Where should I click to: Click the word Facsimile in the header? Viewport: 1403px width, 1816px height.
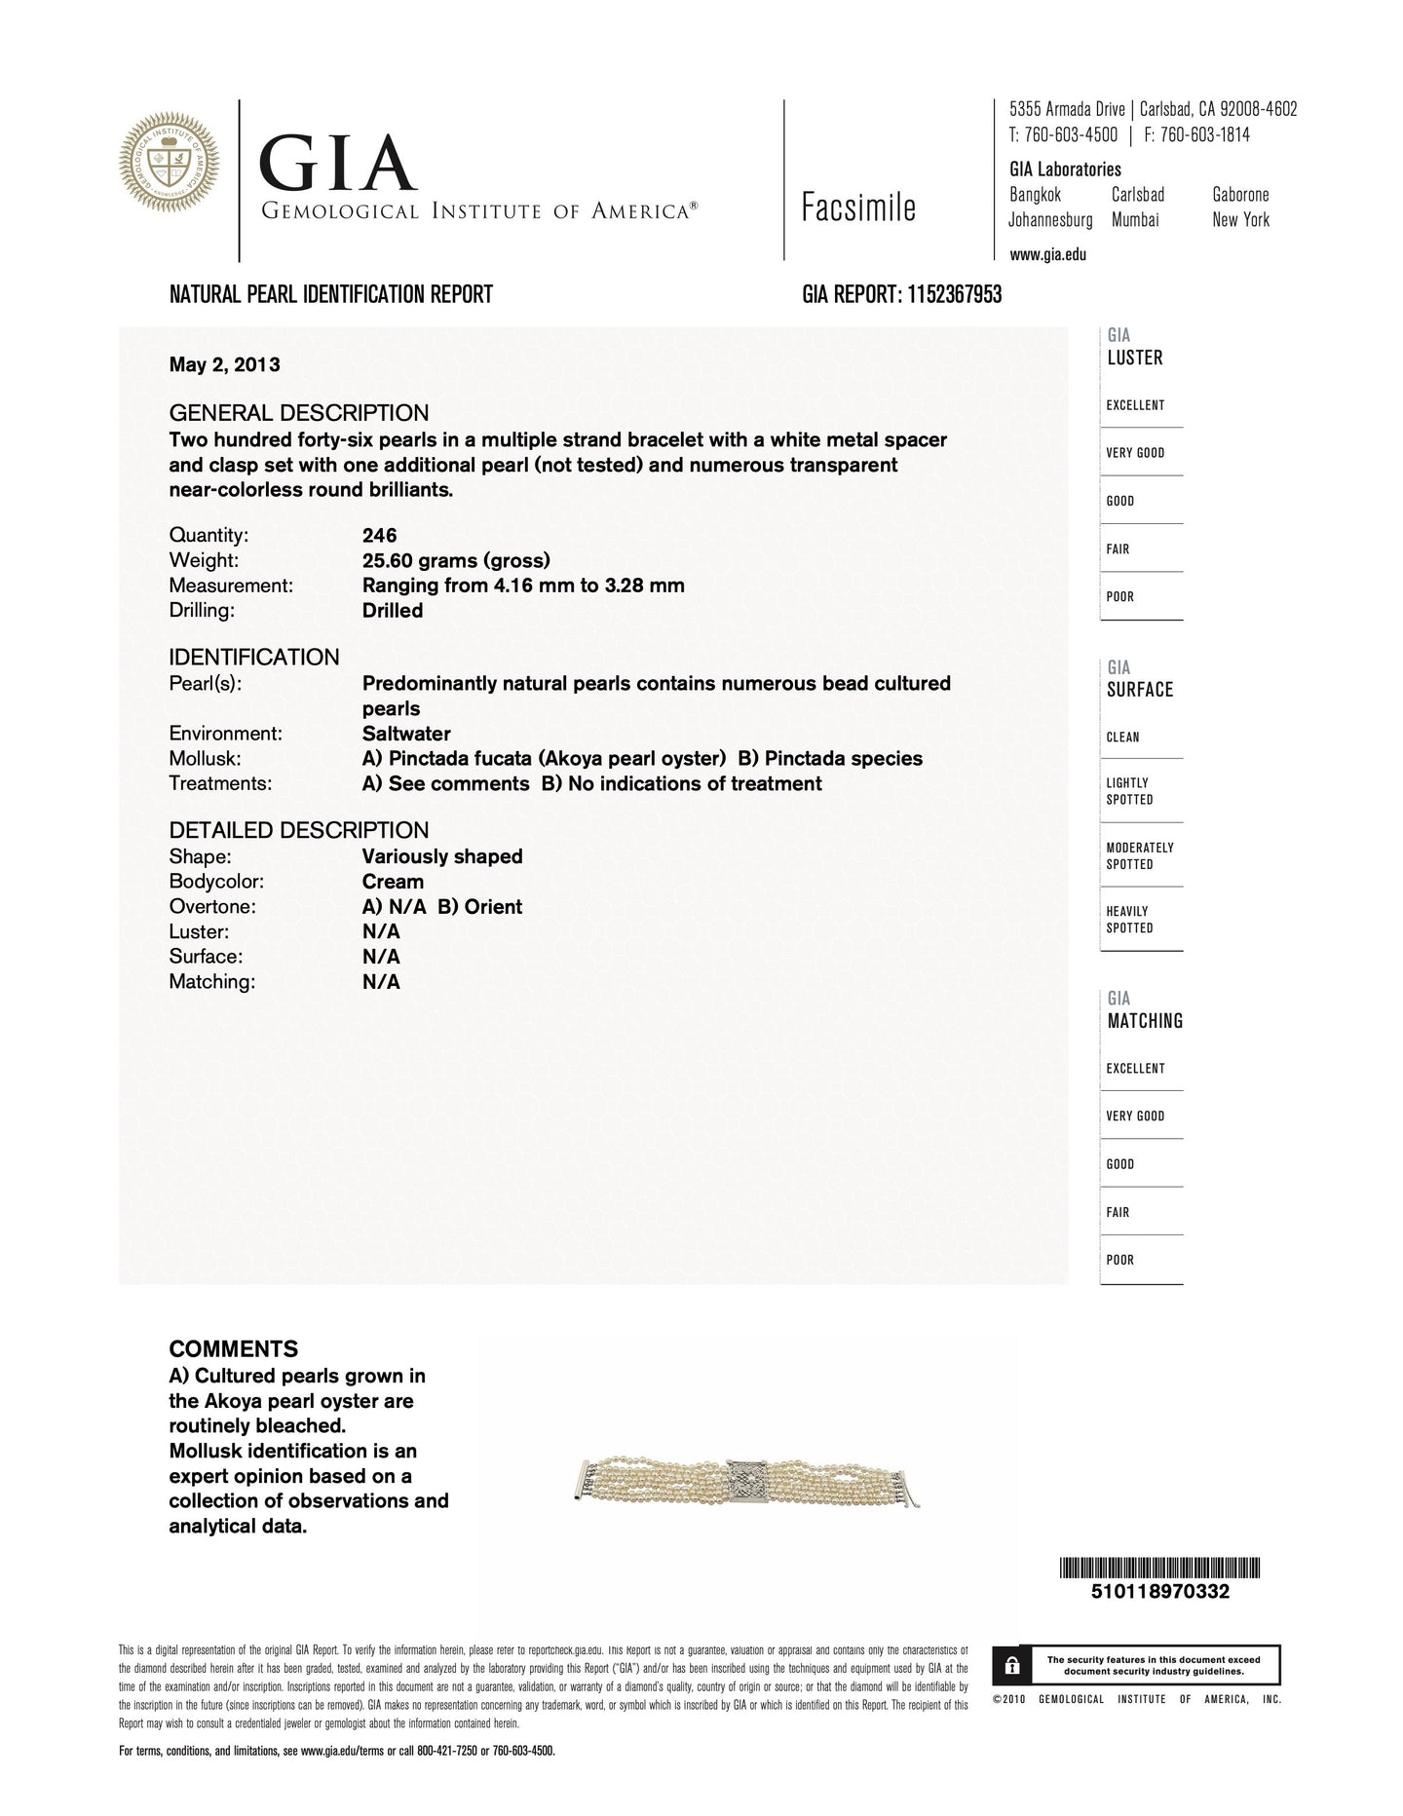pyautogui.click(x=858, y=208)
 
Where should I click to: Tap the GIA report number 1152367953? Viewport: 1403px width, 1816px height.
pyautogui.click(x=954, y=294)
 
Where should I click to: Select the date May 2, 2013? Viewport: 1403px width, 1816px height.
pyautogui.click(x=224, y=364)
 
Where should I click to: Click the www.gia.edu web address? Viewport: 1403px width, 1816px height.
pyautogui.click(x=1047, y=255)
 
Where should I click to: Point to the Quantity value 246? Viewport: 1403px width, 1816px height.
pyautogui.click(x=379, y=535)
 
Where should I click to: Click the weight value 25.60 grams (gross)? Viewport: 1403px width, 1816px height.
pyautogui.click(x=456, y=560)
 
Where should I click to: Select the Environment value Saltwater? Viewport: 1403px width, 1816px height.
pyautogui.click(x=406, y=734)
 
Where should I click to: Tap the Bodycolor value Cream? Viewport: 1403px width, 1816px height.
pyautogui.click(x=393, y=882)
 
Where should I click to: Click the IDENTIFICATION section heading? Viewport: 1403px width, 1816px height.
pyautogui.click(x=254, y=657)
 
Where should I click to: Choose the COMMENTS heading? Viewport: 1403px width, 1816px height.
pyautogui.click(x=234, y=1349)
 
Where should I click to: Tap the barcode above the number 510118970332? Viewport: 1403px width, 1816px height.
pyautogui.click(x=1159, y=1569)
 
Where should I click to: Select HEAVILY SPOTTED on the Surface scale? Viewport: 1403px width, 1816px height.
pyautogui.click(x=1129, y=920)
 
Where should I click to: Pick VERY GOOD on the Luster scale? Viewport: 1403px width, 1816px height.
pyautogui.click(x=1135, y=453)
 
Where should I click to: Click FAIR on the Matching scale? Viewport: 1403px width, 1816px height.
pyautogui.click(x=1118, y=1212)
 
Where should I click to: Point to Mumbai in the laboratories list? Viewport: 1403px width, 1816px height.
pyautogui.click(x=1135, y=220)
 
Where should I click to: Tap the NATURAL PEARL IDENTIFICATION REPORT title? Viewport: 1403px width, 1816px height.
pyautogui.click(x=331, y=294)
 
